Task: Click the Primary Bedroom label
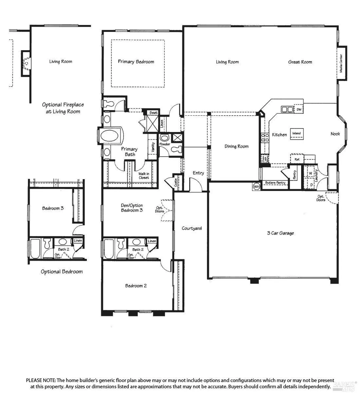pyautogui.click(x=136, y=62)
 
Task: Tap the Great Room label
pyautogui.click(x=300, y=62)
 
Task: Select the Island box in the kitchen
pyautogui.click(x=297, y=134)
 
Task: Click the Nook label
pyautogui.click(x=335, y=134)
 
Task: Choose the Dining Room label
pyautogui.click(x=236, y=146)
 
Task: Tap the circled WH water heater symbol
pyautogui.click(x=256, y=187)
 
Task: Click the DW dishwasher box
pyautogui.click(x=299, y=109)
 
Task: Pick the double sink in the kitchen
pyautogui.click(x=287, y=109)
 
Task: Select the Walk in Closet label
pyautogui.click(x=144, y=176)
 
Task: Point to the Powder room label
pyautogui.click(x=165, y=144)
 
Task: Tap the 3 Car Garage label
pyautogui.click(x=280, y=233)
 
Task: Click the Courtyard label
pyautogui.click(x=192, y=228)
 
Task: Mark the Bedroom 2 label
pyautogui.click(x=136, y=286)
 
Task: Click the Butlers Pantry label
pyautogui.click(x=275, y=183)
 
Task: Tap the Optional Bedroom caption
pyautogui.click(x=61, y=272)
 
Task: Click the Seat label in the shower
pyautogui.click(x=153, y=113)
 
